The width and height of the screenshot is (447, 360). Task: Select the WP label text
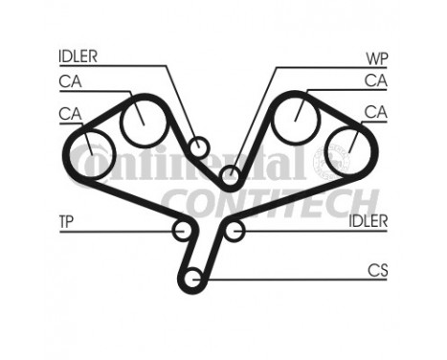click(x=376, y=56)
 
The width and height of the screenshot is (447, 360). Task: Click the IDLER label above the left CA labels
click(x=78, y=56)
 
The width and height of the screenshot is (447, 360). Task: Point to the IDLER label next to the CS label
click(x=368, y=222)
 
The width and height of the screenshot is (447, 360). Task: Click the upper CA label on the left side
click(x=69, y=82)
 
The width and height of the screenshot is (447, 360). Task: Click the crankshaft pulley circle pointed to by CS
click(x=192, y=280)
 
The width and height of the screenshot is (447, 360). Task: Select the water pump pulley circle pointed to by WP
click(x=230, y=176)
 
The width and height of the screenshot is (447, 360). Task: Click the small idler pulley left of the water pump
click(x=198, y=147)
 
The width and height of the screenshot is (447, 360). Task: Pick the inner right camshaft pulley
click(x=296, y=118)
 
